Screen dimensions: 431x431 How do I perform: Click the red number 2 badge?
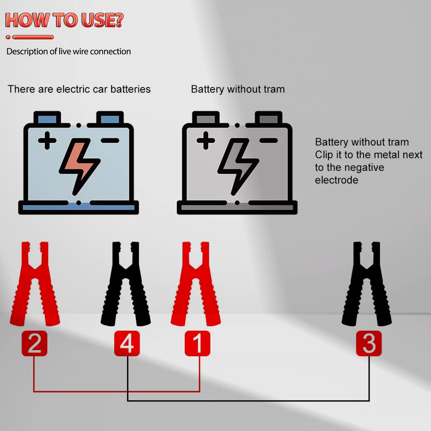(34, 343)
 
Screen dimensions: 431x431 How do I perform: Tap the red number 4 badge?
(127, 343)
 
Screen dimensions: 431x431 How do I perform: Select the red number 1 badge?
(197, 343)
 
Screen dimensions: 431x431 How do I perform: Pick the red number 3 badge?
(369, 343)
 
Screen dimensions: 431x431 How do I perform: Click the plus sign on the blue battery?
(47, 140)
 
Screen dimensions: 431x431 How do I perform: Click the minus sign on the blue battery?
(110, 140)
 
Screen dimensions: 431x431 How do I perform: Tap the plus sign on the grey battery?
(206, 140)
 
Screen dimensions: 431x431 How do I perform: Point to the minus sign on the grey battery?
(269, 140)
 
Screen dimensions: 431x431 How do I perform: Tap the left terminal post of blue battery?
(47, 118)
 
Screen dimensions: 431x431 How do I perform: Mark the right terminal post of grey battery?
(269, 118)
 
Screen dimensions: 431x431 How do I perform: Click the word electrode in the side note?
(336, 180)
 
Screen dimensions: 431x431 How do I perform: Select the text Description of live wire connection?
(69, 51)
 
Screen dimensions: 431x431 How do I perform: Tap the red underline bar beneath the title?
(33, 37)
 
